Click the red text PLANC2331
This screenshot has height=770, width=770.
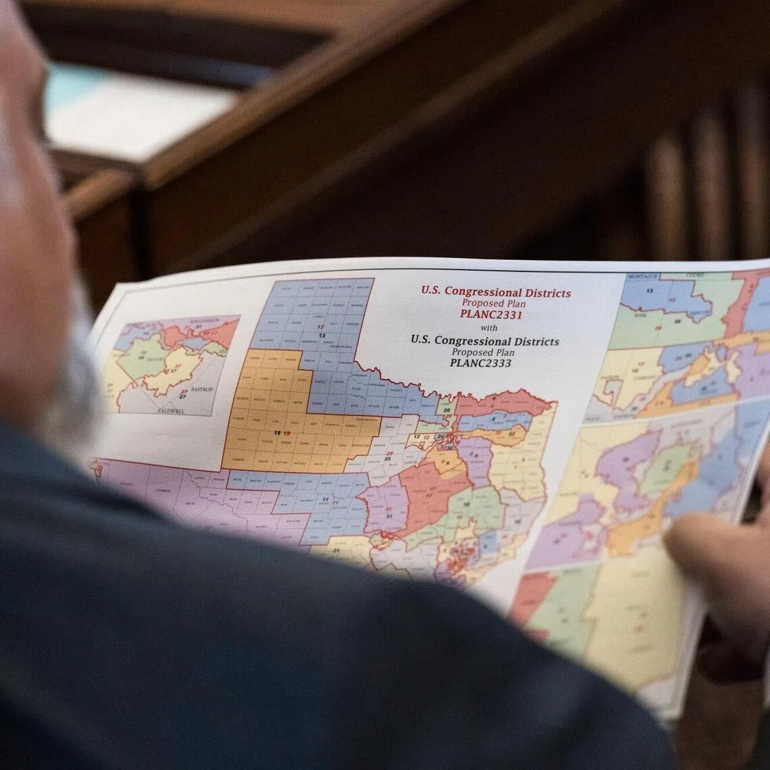tap(492, 314)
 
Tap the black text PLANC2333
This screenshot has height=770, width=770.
tap(480, 363)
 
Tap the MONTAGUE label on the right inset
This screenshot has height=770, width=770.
tap(642, 277)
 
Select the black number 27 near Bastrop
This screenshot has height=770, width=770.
tap(183, 396)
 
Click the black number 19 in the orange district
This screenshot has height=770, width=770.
tap(276, 433)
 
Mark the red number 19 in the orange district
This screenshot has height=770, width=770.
tap(286, 433)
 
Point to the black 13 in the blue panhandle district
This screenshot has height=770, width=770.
tap(322, 335)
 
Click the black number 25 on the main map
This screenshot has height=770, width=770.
tap(388, 459)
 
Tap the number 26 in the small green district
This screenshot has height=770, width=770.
tap(446, 410)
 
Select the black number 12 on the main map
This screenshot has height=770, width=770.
tap(417, 438)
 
